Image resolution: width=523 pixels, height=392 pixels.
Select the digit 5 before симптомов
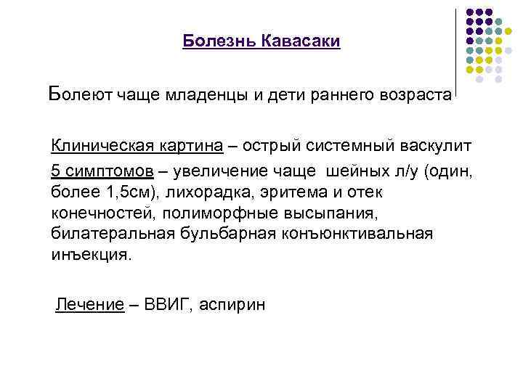coord(56,172)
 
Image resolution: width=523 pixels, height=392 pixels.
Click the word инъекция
coord(92,256)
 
